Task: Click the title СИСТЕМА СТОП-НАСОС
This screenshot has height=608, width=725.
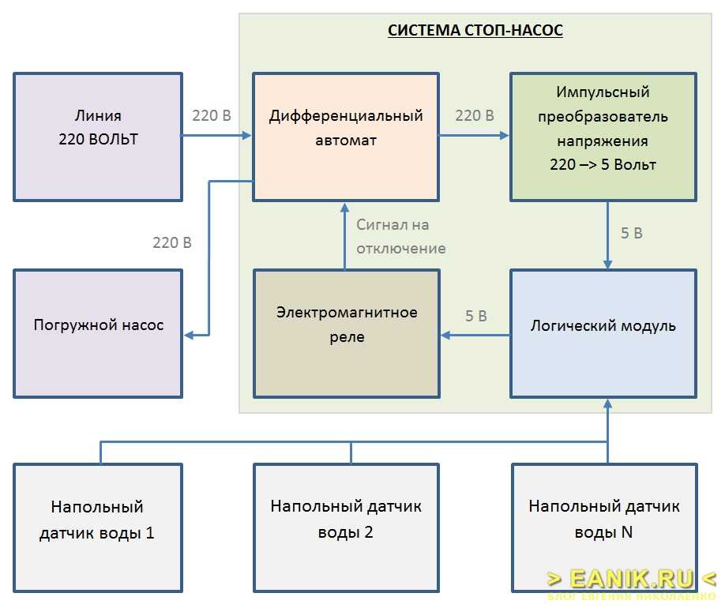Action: click(475, 32)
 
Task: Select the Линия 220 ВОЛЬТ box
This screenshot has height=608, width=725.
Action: click(98, 136)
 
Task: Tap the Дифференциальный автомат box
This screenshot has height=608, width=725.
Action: click(346, 136)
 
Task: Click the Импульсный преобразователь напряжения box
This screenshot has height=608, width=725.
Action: click(603, 136)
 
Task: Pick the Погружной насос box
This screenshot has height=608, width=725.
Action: click(98, 332)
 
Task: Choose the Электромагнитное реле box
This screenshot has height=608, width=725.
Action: click(346, 332)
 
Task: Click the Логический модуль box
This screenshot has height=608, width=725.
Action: click(603, 332)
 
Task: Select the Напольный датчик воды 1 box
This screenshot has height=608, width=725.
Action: click(98, 527)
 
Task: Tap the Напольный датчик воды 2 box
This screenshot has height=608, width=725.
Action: click(346, 527)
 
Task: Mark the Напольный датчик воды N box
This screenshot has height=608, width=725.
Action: click(604, 527)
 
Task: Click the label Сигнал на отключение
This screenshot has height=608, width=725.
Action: click(400, 237)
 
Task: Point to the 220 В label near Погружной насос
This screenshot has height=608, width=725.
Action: click(172, 242)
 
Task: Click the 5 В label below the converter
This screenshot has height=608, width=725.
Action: click(631, 233)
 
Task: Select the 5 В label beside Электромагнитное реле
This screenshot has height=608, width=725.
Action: click(475, 316)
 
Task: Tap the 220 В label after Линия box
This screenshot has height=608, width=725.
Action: click(212, 116)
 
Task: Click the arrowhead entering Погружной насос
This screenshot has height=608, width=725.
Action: click(190, 336)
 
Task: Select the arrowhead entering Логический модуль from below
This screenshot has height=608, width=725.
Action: click(608, 405)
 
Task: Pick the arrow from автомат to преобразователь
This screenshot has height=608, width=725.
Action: click(474, 135)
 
